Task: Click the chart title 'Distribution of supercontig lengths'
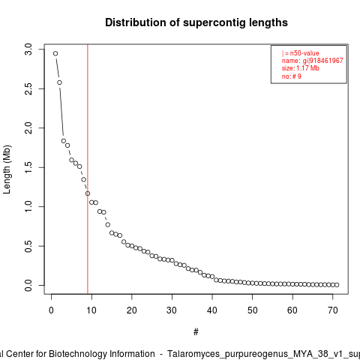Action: click(196, 22)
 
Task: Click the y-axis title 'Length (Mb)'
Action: click(7, 169)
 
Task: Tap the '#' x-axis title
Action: click(196, 332)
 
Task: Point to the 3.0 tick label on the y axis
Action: click(28, 49)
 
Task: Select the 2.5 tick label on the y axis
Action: click(28, 88)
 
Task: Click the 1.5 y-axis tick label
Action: click(28, 167)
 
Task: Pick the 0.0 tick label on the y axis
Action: click(28, 286)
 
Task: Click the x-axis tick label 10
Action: click(91, 310)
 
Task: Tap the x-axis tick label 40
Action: click(212, 310)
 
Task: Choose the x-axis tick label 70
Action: click(333, 310)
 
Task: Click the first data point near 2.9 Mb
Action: click(55, 53)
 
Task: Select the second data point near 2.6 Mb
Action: click(59, 82)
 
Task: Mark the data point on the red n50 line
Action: click(88, 193)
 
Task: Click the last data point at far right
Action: click(337, 285)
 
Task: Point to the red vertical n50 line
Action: click(88, 169)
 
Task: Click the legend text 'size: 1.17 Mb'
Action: click(301, 68)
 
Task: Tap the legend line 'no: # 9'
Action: click(292, 76)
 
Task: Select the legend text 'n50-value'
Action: click(304, 53)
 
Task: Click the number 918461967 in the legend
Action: click(326, 61)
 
